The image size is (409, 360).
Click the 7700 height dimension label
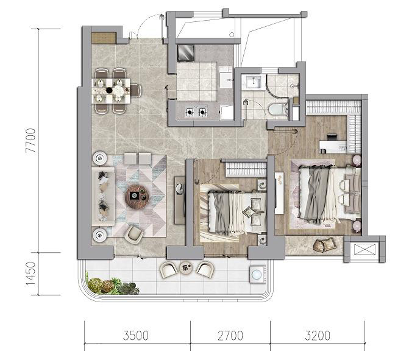[30, 141]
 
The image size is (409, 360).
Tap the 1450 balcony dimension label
[30, 274]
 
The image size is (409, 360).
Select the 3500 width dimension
[136, 336]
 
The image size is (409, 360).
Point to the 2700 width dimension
[230, 336]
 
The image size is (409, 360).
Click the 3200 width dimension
[318, 336]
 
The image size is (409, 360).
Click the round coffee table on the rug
[137, 196]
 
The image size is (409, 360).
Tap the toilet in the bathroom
[278, 110]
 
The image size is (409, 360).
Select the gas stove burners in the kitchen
[196, 112]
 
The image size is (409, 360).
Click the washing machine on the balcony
[257, 274]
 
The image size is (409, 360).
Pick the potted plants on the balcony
[112, 286]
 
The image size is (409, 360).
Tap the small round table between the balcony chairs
[187, 267]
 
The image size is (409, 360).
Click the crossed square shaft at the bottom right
[365, 249]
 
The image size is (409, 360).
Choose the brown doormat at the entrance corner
[104, 38]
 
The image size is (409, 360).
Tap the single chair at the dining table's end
[136, 90]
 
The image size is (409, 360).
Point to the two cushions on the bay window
[324, 245]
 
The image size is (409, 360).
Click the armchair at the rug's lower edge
[134, 234]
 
